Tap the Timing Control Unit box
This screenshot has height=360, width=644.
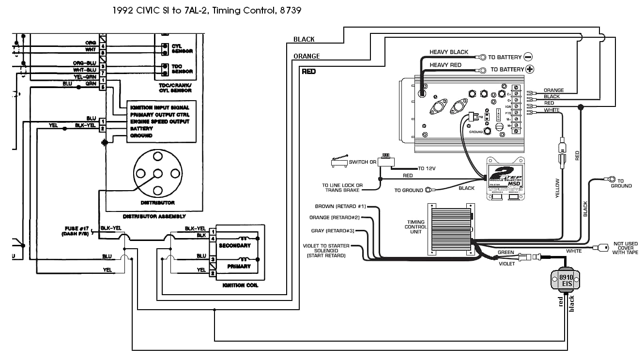[x=450, y=229]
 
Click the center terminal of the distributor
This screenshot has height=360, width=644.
[x=157, y=173]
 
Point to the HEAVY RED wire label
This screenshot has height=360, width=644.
[x=445, y=65]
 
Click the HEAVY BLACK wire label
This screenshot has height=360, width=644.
[x=449, y=52]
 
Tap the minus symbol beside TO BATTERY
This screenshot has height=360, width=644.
[x=528, y=57]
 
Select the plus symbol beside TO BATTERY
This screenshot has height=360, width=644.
[x=530, y=69]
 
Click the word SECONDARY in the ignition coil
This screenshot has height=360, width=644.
[x=235, y=245]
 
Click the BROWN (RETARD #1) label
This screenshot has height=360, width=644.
[x=340, y=207]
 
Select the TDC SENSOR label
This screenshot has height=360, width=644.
[x=182, y=69]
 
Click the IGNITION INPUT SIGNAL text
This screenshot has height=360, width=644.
[x=160, y=107]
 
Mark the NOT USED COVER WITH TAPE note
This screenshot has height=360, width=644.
[x=625, y=248]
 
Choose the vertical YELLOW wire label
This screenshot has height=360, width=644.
[x=557, y=189]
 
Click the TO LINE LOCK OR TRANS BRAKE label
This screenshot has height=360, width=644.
[x=342, y=188]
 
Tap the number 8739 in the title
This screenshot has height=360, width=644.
[x=291, y=10]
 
